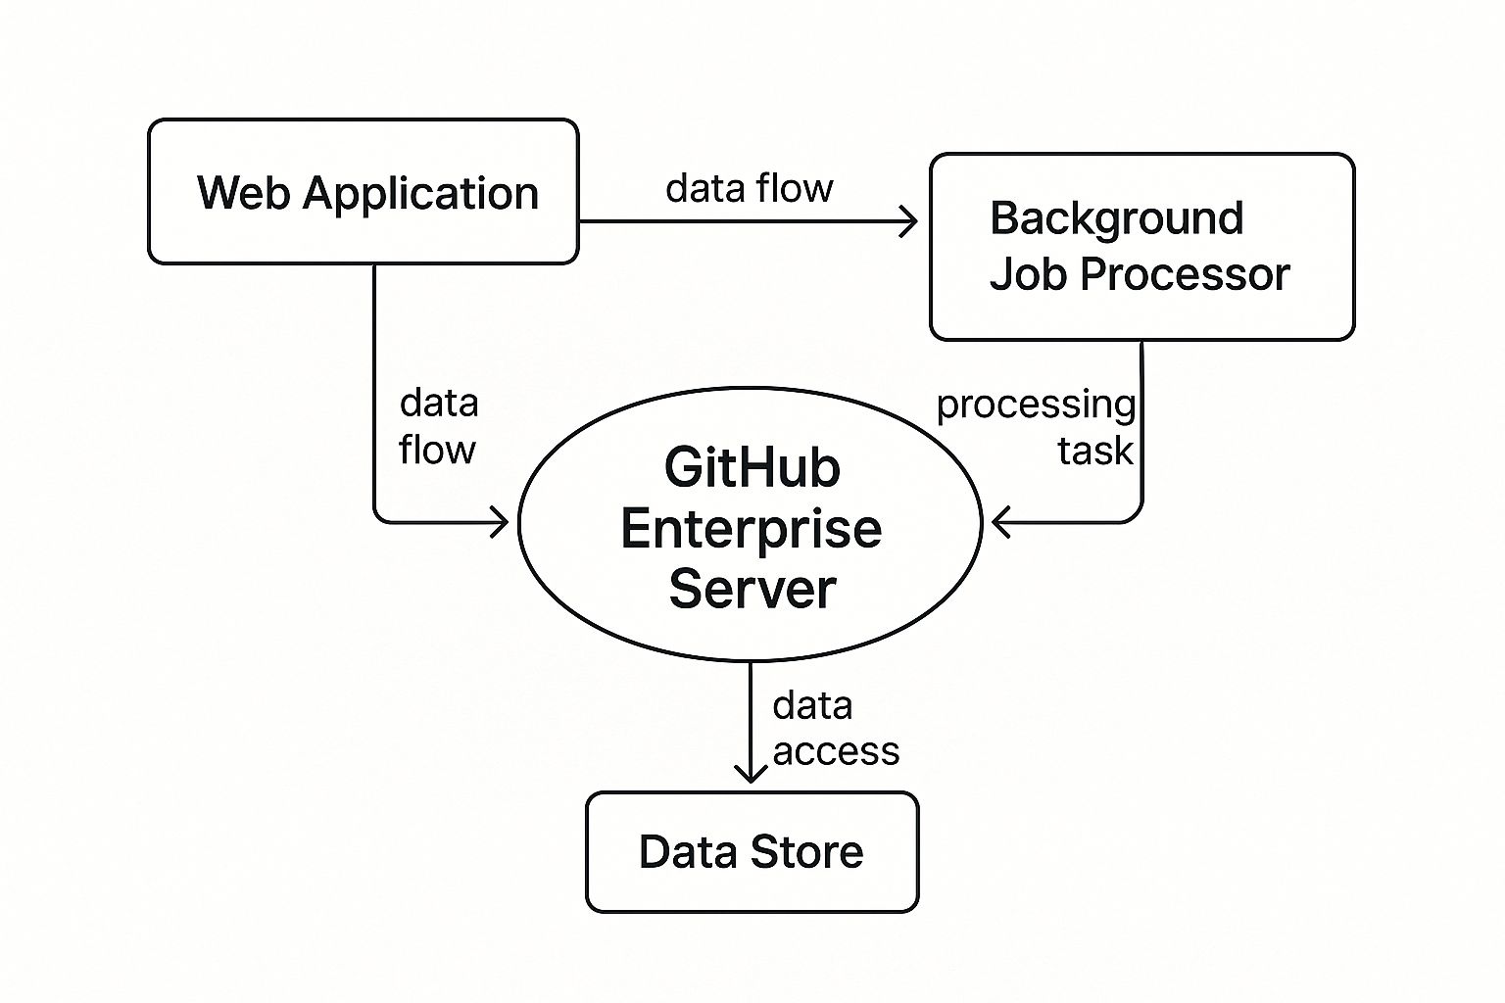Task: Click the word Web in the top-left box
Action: pos(244,193)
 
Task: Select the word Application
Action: pos(420,195)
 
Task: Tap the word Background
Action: pos(1116,218)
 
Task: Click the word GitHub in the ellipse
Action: pos(752,468)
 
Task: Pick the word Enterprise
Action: pos(751,529)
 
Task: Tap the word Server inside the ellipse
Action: pos(752,589)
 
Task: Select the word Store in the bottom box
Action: pos(807,852)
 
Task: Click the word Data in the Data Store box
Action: pos(688,852)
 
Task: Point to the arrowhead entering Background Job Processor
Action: pos(909,222)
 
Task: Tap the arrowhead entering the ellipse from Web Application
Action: pos(501,523)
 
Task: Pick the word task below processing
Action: pos(1094,452)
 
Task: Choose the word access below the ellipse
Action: pos(835,752)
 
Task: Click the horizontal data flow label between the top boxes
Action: pos(749,188)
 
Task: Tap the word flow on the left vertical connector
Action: pos(437,451)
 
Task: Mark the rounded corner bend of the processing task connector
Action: pos(1135,515)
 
